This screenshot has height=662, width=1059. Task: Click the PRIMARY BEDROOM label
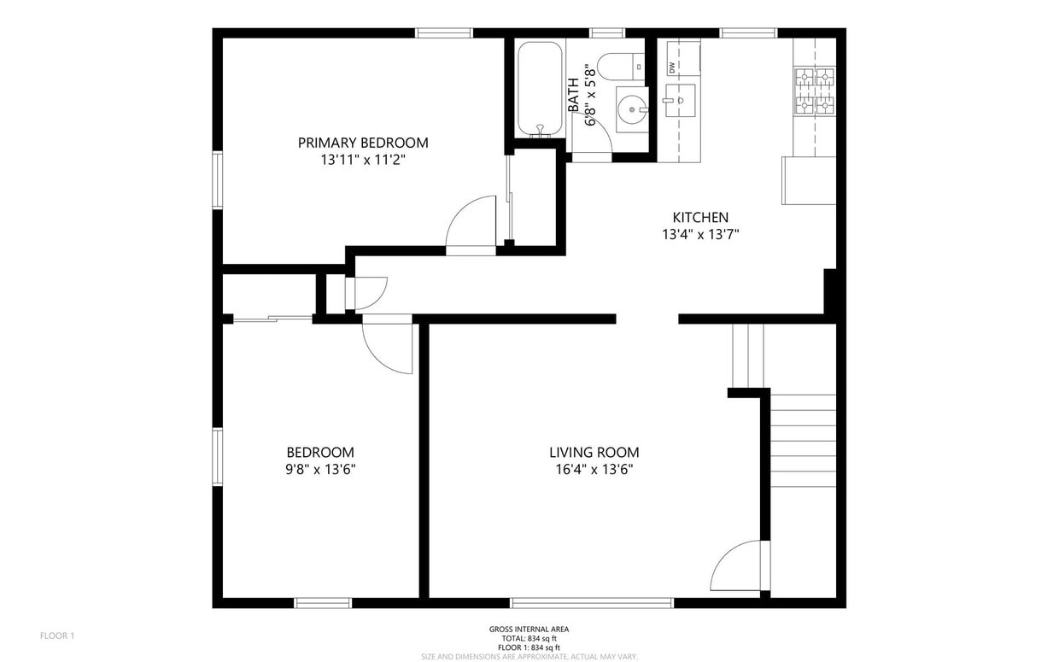click(x=363, y=143)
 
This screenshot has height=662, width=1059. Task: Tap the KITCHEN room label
click(x=700, y=218)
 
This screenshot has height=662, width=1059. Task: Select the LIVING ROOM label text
click(x=594, y=453)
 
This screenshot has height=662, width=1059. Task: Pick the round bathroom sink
click(x=632, y=109)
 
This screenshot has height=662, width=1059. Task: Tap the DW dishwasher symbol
click(x=672, y=67)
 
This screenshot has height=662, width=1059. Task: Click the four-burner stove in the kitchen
click(x=814, y=91)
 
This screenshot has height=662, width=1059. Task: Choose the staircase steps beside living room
click(x=803, y=440)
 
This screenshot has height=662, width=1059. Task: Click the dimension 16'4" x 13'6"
click(x=594, y=470)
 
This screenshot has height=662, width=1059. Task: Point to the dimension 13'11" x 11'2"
click(x=363, y=160)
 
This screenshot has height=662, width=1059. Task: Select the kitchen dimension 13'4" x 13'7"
click(x=700, y=235)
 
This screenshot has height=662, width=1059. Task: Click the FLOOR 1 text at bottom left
click(x=57, y=636)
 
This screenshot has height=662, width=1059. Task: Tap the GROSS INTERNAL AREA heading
click(x=529, y=630)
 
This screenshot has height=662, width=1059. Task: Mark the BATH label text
click(x=573, y=94)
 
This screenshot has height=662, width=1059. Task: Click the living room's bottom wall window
click(x=592, y=602)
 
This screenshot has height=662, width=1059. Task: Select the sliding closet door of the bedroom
click(x=272, y=319)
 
